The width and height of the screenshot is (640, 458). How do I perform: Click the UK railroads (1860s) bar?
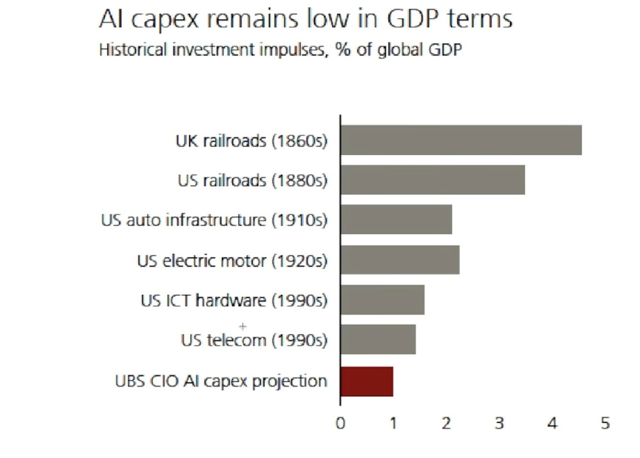pyautogui.click(x=461, y=140)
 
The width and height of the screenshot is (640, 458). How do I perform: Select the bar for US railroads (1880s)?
pyautogui.click(x=432, y=180)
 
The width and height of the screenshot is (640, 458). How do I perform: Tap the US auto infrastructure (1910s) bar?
pyautogui.click(x=396, y=219)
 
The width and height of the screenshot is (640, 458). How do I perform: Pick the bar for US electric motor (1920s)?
pyautogui.click(x=400, y=260)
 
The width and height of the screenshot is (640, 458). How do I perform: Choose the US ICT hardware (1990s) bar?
pyautogui.click(x=382, y=300)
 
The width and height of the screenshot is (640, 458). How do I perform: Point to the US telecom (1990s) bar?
pyautogui.click(x=378, y=339)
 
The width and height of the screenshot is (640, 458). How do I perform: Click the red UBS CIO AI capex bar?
pyautogui.click(x=366, y=381)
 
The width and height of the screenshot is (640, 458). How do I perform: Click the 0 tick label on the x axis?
pyautogui.click(x=340, y=423)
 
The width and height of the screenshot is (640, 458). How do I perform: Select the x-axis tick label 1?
pyautogui.click(x=393, y=423)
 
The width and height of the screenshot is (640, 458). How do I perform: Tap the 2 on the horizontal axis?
pyautogui.click(x=446, y=423)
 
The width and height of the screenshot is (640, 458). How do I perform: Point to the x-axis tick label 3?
pyautogui.click(x=499, y=423)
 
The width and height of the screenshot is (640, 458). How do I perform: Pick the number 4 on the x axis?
pyautogui.click(x=552, y=423)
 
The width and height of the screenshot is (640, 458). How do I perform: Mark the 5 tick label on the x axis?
pyautogui.click(x=605, y=423)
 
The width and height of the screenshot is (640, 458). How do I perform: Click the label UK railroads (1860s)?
pyautogui.click(x=251, y=141)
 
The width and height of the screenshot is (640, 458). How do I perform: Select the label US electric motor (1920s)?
pyautogui.click(x=232, y=261)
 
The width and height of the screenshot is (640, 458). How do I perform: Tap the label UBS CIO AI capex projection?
pyautogui.click(x=221, y=381)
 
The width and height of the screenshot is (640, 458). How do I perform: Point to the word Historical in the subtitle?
pyautogui.click(x=133, y=49)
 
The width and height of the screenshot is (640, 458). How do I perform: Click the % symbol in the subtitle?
pyautogui.click(x=343, y=49)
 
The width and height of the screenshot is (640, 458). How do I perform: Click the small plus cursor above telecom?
pyautogui.click(x=243, y=326)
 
